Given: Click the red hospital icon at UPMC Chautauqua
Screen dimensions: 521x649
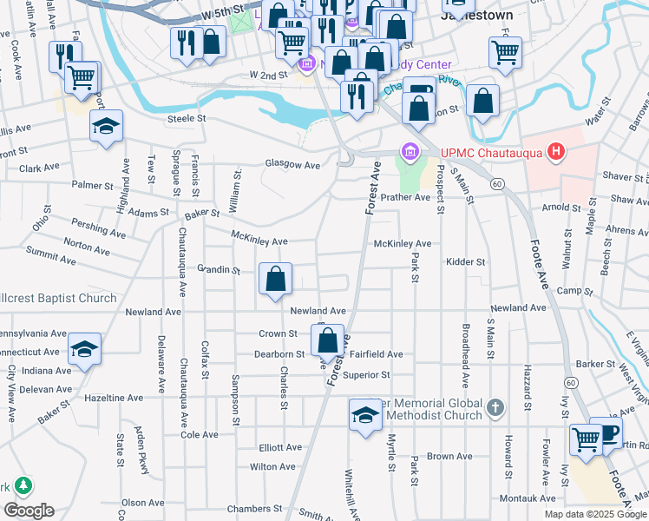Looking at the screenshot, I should point(557,154).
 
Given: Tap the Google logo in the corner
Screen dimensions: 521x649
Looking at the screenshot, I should point(28,511).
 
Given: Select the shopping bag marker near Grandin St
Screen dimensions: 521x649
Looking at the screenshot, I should point(275,280).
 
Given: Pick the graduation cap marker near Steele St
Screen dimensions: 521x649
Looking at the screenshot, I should point(106,127).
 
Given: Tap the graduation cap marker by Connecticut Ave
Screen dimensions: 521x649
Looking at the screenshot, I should point(84,350).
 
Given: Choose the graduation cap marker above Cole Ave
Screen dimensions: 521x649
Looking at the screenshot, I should point(365,416).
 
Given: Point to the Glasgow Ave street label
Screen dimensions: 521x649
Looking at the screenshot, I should point(292,164).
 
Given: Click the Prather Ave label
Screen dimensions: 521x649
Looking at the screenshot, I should point(405,197).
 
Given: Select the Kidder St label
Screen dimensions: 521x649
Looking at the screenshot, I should point(465,261).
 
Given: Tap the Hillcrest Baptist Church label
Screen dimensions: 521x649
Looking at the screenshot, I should point(57,299).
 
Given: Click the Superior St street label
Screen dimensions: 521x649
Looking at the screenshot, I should point(366,375).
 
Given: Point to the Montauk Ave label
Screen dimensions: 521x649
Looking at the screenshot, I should point(528,498).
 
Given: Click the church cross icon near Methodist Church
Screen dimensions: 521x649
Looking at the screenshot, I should point(495,406).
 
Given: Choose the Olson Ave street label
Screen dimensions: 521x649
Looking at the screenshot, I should point(143,502).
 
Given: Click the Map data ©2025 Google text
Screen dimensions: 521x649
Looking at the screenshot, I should point(595,513).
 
